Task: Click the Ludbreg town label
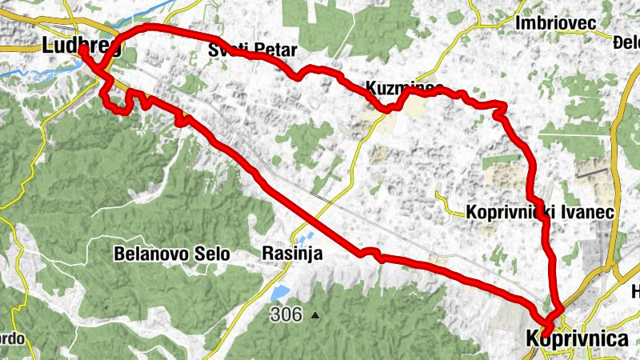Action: tap(80, 46)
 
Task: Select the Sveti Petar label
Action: tap(252, 50)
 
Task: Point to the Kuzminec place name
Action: tap(404, 86)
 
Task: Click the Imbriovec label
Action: tap(557, 24)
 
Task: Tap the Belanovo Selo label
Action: tap(172, 254)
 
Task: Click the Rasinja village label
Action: tap(292, 254)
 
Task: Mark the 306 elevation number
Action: tap(286, 314)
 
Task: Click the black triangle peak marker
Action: tap(315, 315)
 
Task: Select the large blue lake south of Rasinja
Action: tap(280, 294)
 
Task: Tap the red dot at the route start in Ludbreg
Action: tap(82, 49)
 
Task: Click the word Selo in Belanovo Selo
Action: tap(211, 254)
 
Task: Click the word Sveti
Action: tap(227, 50)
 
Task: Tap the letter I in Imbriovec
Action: tap(521, 24)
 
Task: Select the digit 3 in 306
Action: tap(274, 314)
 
